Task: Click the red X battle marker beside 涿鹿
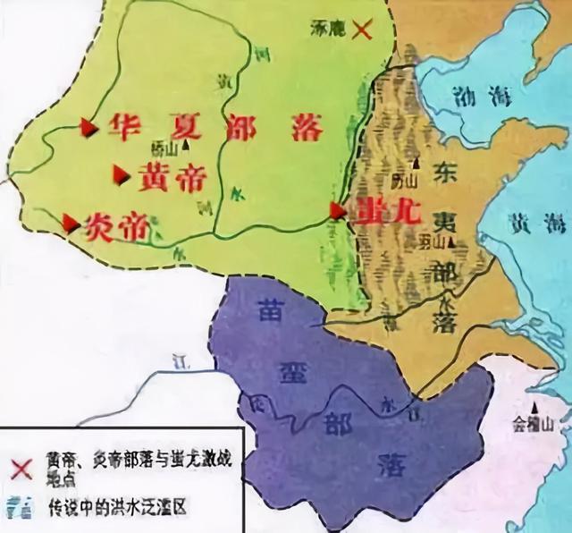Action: (x=362, y=30)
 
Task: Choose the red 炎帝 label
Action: (x=116, y=227)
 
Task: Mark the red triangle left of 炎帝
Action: (x=69, y=221)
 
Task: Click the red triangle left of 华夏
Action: (x=88, y=128)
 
